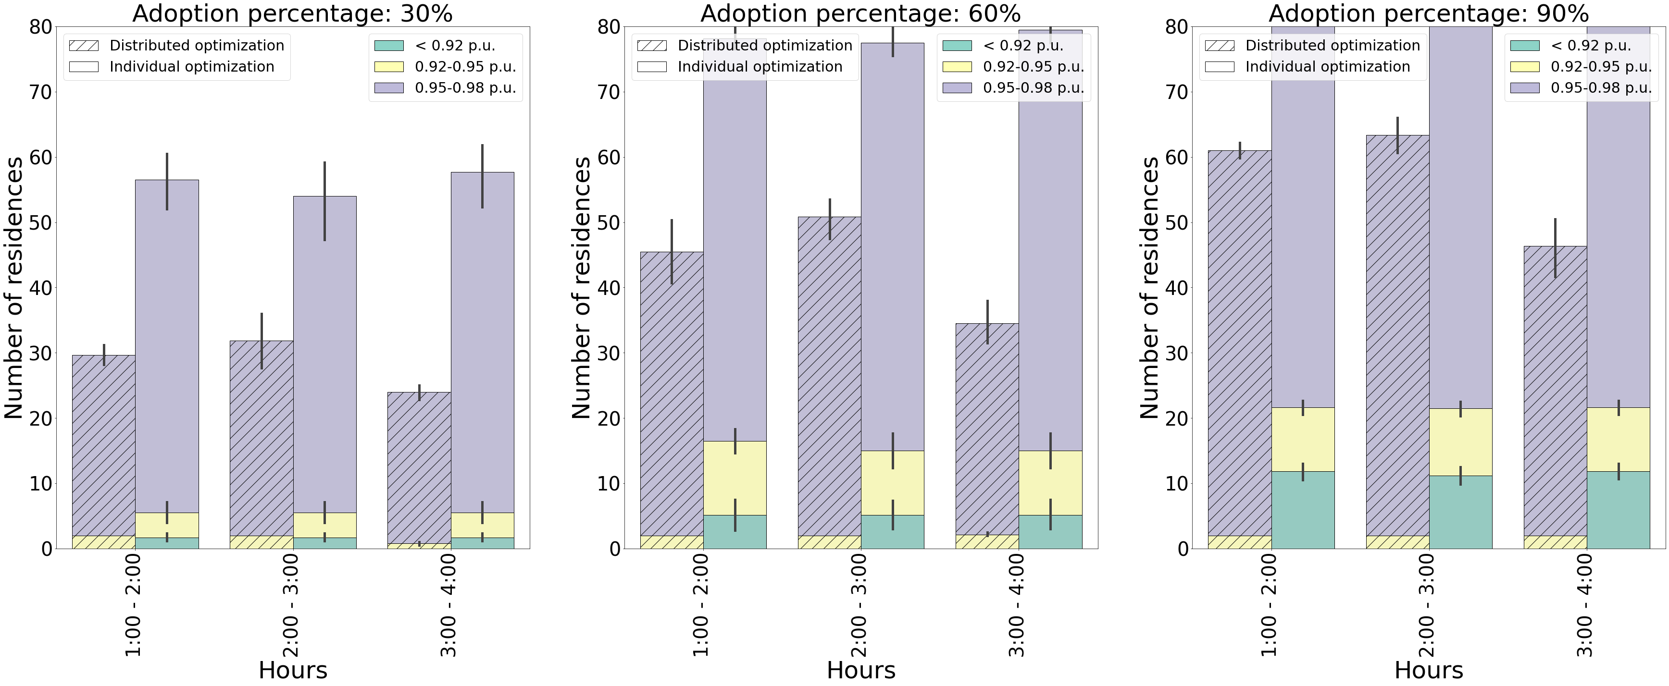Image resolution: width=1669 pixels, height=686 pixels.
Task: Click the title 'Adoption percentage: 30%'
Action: (x=292, y=13)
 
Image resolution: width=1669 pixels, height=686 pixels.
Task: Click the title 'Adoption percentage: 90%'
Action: (x=1428, y=13)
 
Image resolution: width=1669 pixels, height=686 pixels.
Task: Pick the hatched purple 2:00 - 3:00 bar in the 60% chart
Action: (x=829, y=376)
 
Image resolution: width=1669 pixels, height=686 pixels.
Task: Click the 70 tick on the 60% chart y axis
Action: (x=609, y=92)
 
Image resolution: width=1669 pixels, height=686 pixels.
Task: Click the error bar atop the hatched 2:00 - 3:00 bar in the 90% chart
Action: (x=1397, y=135)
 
